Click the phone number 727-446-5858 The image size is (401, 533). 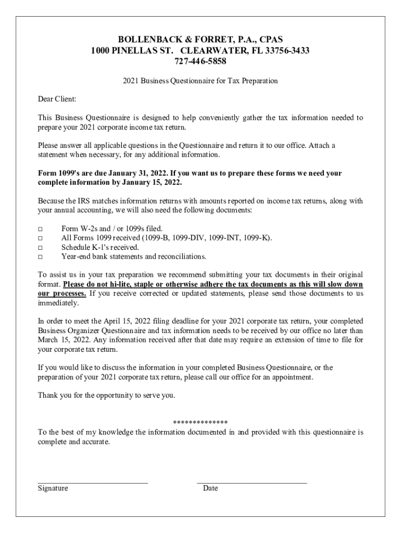(200, 61)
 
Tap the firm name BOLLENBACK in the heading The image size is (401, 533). (144, 40)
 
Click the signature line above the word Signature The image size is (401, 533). (93, 483)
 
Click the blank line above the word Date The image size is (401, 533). (252, 483)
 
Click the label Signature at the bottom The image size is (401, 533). (53, 488)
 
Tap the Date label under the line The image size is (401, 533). (210, 488)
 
